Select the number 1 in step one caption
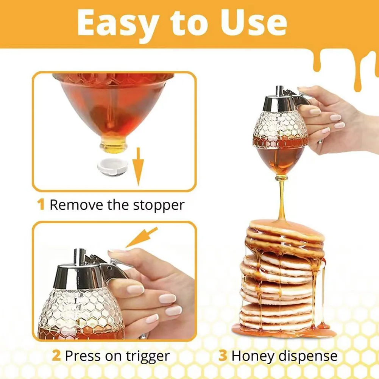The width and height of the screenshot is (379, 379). coord(41,205)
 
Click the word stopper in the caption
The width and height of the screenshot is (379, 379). coord(159,205)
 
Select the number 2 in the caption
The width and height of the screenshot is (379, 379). coord(56,356)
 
